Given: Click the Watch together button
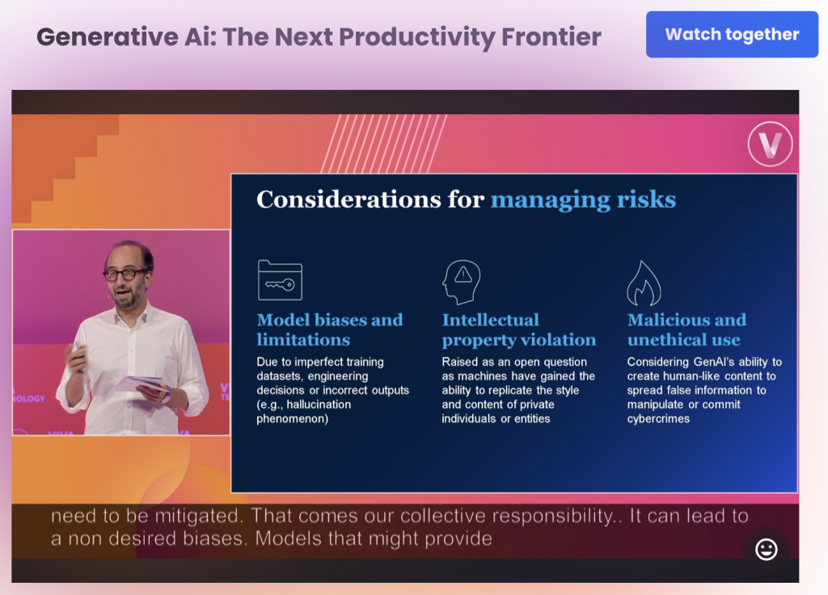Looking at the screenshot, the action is point(732,34).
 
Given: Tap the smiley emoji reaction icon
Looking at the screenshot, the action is point(767,549).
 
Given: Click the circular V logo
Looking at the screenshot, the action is point(770,144).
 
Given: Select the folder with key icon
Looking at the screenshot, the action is point(280,280).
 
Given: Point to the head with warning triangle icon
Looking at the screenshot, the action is point(462,282).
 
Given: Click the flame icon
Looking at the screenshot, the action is point(644,283).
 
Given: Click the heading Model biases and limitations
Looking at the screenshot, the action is point(330,329).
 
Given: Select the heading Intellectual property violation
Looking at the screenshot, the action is point(518,329).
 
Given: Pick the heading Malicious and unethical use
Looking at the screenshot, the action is point(686,329).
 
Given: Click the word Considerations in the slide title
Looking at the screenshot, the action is point(349,199).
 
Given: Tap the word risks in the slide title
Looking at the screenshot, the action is point(646,199).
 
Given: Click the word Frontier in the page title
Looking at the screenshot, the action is point(551,36).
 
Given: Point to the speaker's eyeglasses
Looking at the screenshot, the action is point(125,274).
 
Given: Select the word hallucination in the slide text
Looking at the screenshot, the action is point(319,405).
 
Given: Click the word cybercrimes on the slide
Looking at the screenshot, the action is point(658,419).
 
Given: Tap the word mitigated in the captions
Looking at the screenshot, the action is point(194,516).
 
